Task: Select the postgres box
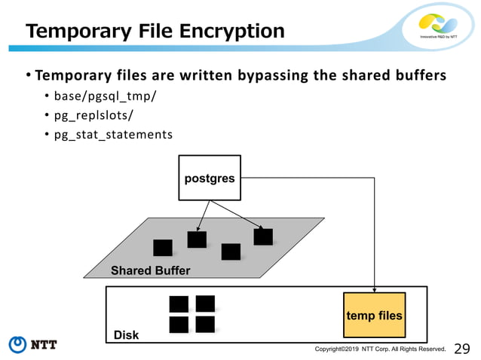[210, 178]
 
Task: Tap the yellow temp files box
[375, 314]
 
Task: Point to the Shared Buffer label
[151, 270]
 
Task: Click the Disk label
[126, 334]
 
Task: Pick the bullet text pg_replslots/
[90, 117]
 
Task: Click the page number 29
[463, 348]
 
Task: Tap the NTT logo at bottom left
[33, 345]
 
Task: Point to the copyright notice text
[381, 349]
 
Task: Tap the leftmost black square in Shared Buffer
[162, 248]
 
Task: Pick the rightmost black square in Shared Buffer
[263, 236]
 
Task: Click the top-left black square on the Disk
[179, 304]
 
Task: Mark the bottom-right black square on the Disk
[205, 325]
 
